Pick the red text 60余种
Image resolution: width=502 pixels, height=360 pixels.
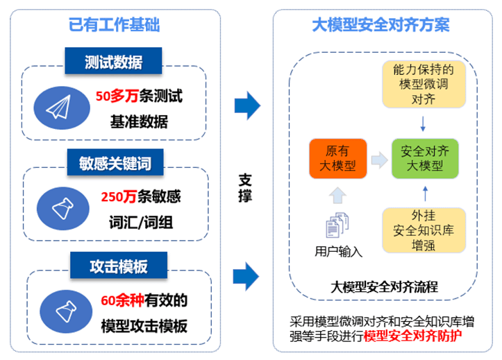pyautogui.click(x=117, y=300)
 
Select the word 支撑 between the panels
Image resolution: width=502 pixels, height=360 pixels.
pyautogui.click(x=245, y=187)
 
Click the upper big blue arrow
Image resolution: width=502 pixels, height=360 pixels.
pyautogui.click(x=247, y=107)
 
